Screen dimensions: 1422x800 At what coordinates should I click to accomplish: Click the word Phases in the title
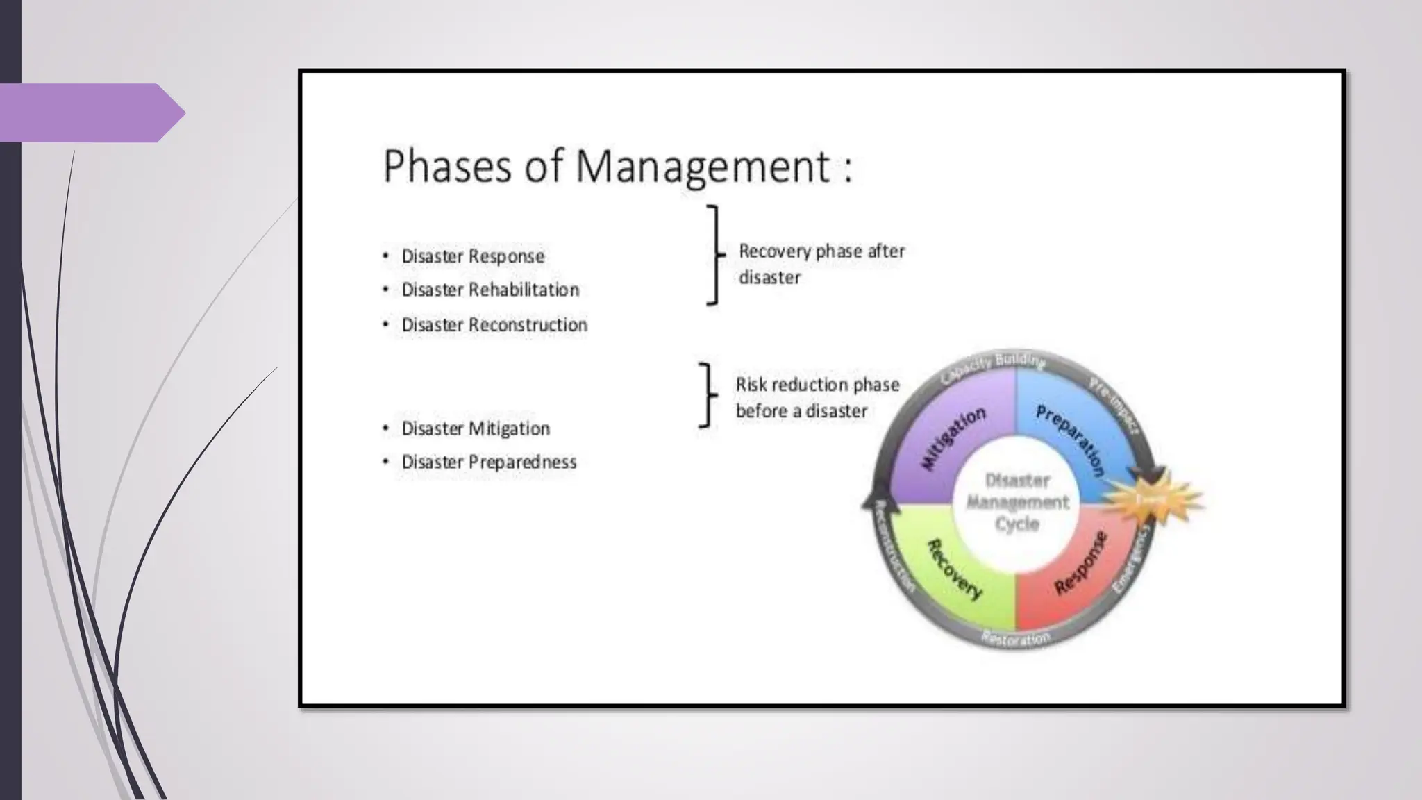click(447, 167)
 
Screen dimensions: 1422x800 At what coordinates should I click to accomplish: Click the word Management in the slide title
click(703, 168)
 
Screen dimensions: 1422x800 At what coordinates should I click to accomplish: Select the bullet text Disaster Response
click(472, 256)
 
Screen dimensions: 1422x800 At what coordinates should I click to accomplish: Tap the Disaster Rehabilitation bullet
click(490, 290)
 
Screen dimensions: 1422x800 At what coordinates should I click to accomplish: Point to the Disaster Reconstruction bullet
click(494, 324)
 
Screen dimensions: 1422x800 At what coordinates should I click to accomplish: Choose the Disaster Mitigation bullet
click(475, 428)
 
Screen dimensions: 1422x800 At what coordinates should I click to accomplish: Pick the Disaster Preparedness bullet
click(488, 462)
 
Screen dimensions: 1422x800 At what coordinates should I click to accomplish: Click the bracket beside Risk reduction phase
click(708, 394)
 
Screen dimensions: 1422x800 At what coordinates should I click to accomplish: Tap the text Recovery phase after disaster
click(821, 264)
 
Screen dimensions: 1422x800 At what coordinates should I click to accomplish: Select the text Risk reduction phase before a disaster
click(817, 398)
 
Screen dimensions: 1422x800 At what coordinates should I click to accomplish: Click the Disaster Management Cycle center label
click(1017, 502)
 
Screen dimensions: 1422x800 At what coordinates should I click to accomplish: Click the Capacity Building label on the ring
click(993, 367)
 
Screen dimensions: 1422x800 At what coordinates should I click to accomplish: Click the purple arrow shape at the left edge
click(90, 112)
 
